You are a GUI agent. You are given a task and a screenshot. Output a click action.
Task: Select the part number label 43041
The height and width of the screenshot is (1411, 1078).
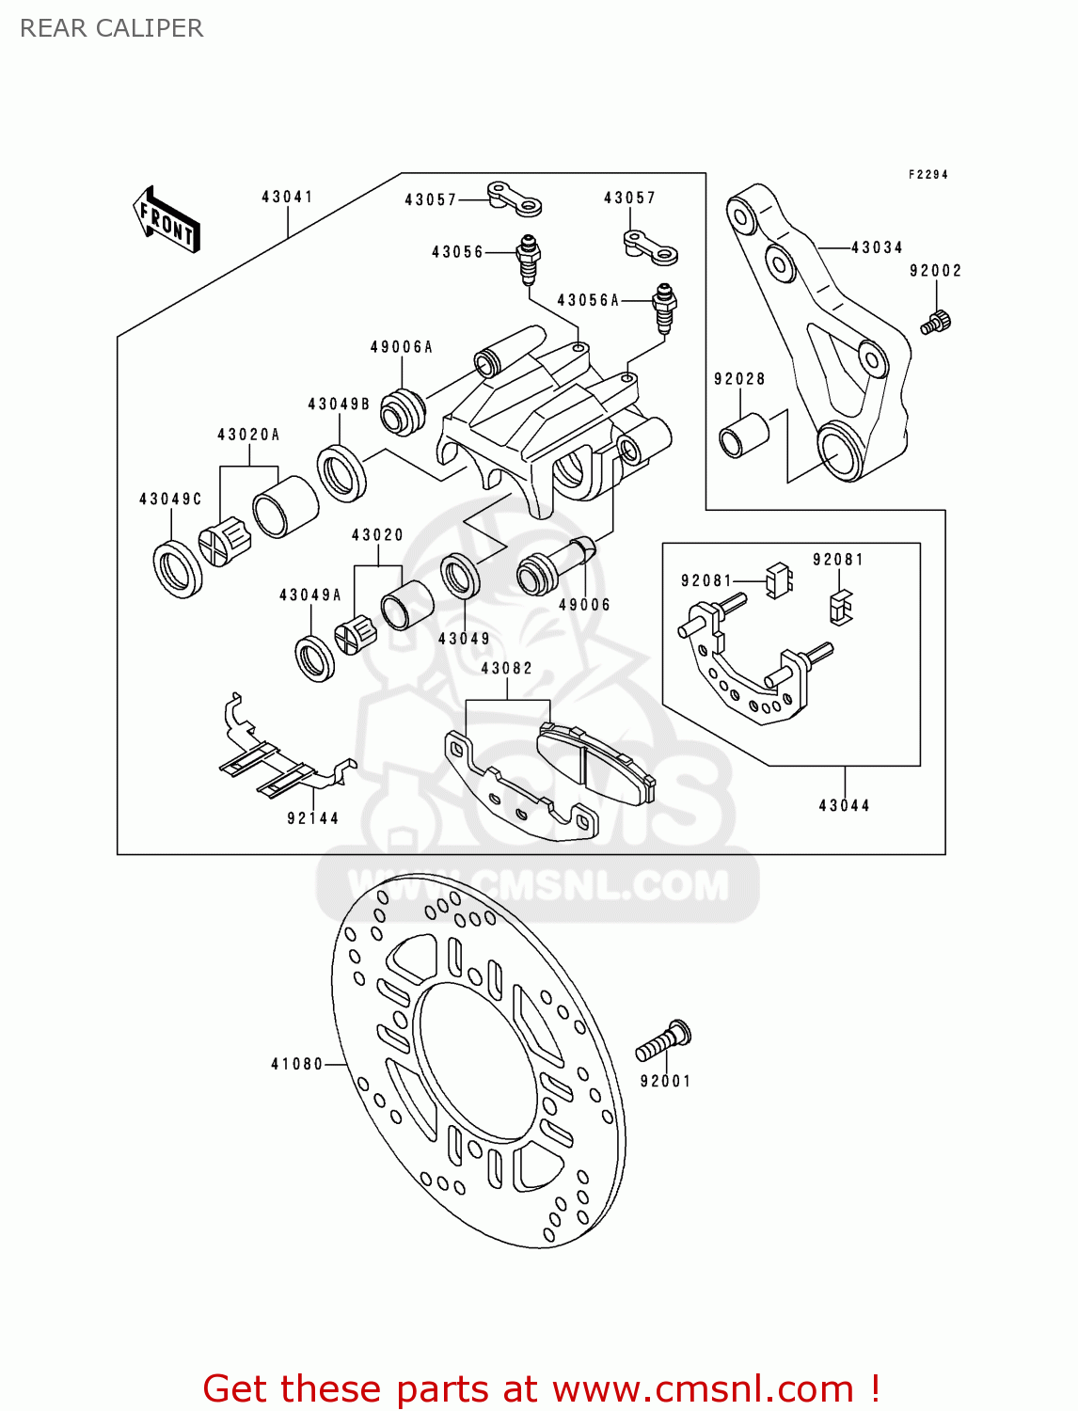(x=287, y=197)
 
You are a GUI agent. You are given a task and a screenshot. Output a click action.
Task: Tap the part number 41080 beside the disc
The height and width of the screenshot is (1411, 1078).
(x=296, y=1064)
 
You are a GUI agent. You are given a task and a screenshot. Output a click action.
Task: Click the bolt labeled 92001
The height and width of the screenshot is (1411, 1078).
(x=664, y=1041)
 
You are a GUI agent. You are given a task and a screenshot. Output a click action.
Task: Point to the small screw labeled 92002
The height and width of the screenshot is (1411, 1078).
(x=936, y=322)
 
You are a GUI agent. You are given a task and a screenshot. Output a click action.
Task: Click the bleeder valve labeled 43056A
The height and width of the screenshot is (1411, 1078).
(x=665, y=306)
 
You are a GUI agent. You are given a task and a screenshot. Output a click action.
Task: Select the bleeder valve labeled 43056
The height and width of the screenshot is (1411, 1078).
(x=529, y=259)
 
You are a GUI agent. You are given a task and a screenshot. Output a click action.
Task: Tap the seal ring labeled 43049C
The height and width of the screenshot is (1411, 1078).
(x=177, y=569)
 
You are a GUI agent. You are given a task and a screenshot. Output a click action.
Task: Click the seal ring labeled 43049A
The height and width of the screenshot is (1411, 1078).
(x=314, y=658)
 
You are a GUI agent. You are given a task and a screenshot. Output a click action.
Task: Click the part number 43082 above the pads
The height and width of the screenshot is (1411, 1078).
(x=506, y=668)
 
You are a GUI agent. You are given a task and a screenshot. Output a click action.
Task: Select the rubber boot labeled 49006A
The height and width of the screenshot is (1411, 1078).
(x=403, y=411)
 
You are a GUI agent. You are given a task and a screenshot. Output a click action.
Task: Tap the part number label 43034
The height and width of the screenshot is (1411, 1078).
(x=877, y=247)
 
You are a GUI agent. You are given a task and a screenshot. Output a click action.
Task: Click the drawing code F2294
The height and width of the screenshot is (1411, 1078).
(x=927, y=174)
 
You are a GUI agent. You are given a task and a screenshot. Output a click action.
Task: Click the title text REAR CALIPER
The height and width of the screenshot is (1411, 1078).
(x=111, y=28)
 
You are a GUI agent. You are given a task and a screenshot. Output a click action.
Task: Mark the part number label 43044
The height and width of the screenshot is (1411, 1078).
(x=844, y=805)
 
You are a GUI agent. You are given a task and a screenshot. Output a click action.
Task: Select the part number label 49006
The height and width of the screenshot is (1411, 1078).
(x=584, y=605)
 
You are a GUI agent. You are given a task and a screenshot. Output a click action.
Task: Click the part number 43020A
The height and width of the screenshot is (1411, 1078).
(x=248, y=435)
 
